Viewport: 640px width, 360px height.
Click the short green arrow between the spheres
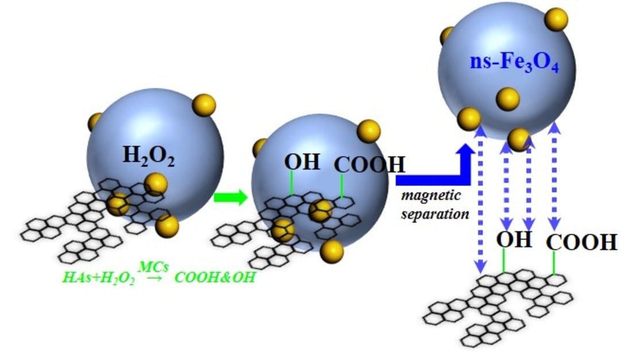pyautogui.click(x=230, y=198)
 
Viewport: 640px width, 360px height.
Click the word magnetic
pyautogui.click(x=431, y=195)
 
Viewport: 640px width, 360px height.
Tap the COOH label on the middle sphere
pyautogui.click(x=370, y=165)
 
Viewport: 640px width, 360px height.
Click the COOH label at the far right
pyautogui.click(x=581, y=243)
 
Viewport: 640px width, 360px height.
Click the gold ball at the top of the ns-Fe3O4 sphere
pyautogui.click(x=556, y=20)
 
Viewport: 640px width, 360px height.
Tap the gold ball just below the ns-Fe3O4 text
pyautogui.click(x=508, y=98)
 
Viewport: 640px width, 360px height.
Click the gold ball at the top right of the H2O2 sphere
pyautogui.click(x=204, y=105)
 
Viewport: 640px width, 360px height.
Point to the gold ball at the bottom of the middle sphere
pyautogui.click(x=332, y=251)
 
